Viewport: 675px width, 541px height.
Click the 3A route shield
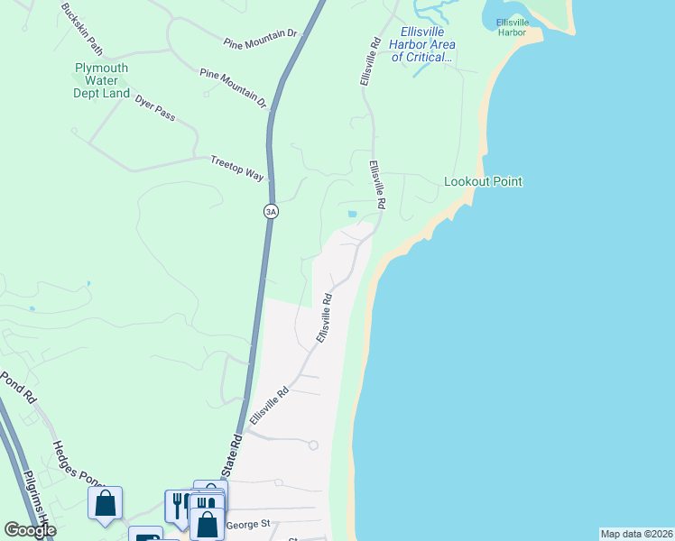(x=271, y=211)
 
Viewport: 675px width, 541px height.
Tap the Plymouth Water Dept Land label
(x=101, y=80)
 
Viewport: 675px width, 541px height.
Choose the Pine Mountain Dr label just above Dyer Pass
(x=234, y=87)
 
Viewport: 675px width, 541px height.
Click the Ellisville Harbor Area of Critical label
(x=421, y=43)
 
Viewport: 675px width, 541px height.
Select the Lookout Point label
(x=483, y=181)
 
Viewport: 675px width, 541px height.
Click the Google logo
(x=30, y=529)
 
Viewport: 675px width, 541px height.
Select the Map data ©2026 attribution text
(x=636, y=534)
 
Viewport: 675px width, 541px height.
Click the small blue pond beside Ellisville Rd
(x=352, y=214)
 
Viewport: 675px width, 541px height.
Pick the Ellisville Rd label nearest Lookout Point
(x=376, y=186)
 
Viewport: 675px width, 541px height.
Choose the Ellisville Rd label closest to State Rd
(x=269, y=407)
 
